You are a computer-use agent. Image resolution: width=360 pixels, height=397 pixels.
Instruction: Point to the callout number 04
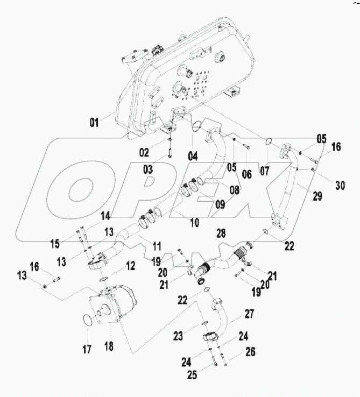coord(193,157)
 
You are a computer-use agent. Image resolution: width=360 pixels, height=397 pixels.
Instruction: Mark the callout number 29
coord(317,196)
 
